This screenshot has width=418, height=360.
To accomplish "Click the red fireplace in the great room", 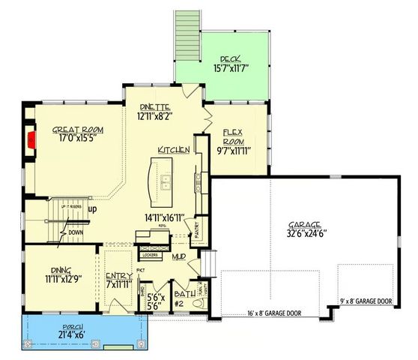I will (x=32, y=140).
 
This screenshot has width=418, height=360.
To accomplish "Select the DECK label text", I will (x=228, y=58).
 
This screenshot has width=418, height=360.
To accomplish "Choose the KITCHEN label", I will (x=173, y=151).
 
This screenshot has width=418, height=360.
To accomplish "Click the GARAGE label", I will (x=304, y=225).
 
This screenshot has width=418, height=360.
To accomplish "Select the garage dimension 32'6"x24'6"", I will (x=304, y=234).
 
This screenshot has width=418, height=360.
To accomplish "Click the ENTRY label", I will (x=118, y=277).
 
